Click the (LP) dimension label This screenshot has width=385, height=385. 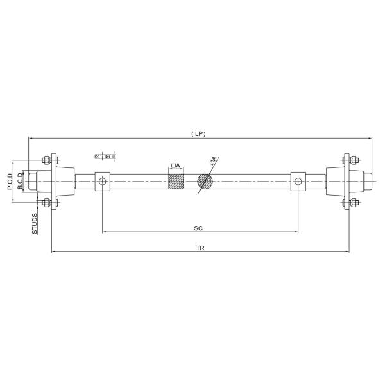(198, 133)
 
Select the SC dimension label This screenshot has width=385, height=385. (199, 228)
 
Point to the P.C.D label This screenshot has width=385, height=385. (11, 182)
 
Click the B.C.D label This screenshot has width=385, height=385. (21, 182)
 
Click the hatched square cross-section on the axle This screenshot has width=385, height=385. (176, 181)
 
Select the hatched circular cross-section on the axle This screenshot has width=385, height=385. (205, 181)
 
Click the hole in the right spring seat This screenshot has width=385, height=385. (298, 182)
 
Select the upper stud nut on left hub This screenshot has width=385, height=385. (46, 160)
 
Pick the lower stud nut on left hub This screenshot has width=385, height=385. (46, 203)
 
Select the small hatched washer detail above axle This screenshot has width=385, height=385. (103, 156)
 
